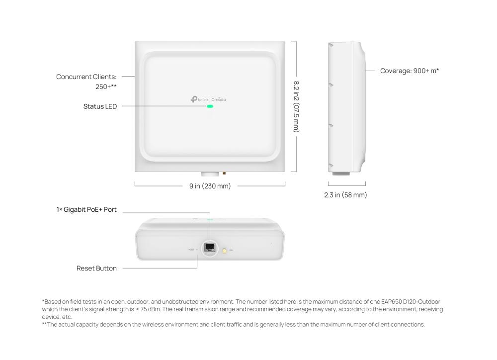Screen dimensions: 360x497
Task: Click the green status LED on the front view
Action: tap(210, 106)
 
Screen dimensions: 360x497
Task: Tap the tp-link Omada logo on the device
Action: tap(208, 99)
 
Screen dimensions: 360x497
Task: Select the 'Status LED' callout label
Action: tap(100, 106)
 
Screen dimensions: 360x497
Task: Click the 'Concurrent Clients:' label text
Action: tap(86, 77)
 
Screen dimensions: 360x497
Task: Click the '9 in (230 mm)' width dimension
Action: tap(209, 185)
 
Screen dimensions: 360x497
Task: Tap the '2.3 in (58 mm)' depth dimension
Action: tap(345, 195)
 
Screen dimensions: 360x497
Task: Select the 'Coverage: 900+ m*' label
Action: tap(409, 71)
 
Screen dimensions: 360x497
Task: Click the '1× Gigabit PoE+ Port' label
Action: tap(86, 210)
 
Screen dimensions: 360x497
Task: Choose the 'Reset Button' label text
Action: tap(96, 269)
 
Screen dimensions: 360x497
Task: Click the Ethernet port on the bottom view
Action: tap(209, 247)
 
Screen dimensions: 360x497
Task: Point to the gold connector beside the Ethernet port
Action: tap(225, 252)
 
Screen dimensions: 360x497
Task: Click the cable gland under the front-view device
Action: tap(209, 175)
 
